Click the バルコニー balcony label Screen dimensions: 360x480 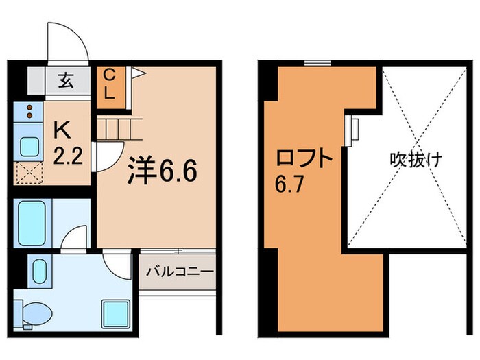point(180,272)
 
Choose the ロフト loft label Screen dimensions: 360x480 point(304,161)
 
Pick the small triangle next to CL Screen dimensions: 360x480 point(136,71)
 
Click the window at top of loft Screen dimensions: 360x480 point(316,63)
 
